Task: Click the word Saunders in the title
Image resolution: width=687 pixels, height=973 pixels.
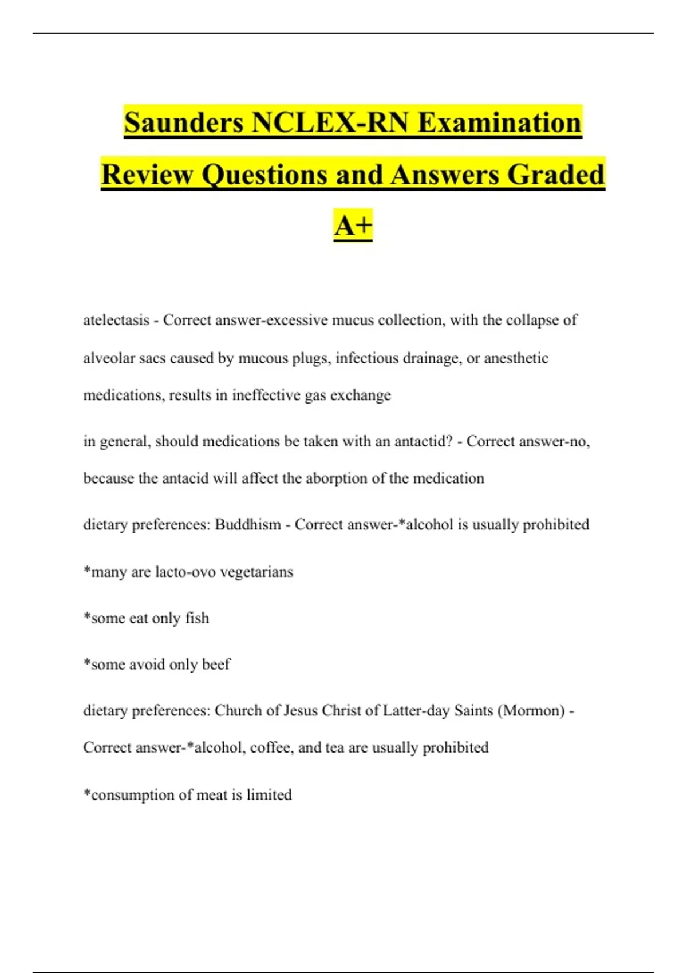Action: (x=184, y=123)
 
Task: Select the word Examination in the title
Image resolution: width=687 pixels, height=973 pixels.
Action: (x=500, y=123)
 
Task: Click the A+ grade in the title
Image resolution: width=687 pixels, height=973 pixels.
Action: (x=353, y=225)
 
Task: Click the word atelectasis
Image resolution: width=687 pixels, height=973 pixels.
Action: (x=116, y=320)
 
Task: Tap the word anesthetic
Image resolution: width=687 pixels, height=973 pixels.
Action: (x=516, y=358)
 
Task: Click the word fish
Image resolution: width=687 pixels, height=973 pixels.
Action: (x=197, y=618)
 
